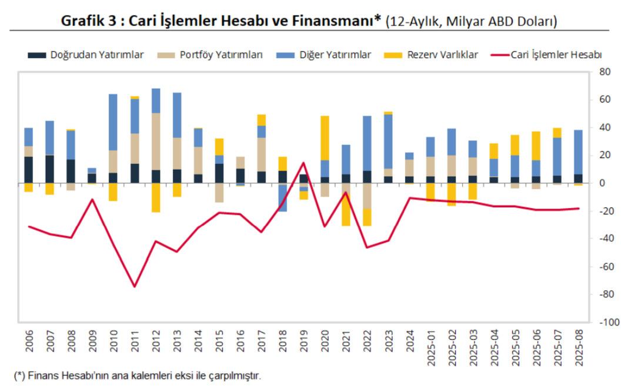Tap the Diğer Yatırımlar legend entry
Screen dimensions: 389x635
click(332, 55)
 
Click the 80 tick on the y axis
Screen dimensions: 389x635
click(604, 72)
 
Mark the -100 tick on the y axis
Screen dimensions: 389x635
click(608, 322)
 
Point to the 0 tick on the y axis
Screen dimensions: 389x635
click(602, 183)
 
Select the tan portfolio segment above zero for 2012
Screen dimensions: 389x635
click(156, 142)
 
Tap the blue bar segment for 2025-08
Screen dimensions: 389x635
click(578, 152)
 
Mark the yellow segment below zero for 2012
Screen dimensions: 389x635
click(156, 197)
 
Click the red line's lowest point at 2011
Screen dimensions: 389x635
click(135, 287)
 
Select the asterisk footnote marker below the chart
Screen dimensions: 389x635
click(18, 374)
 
